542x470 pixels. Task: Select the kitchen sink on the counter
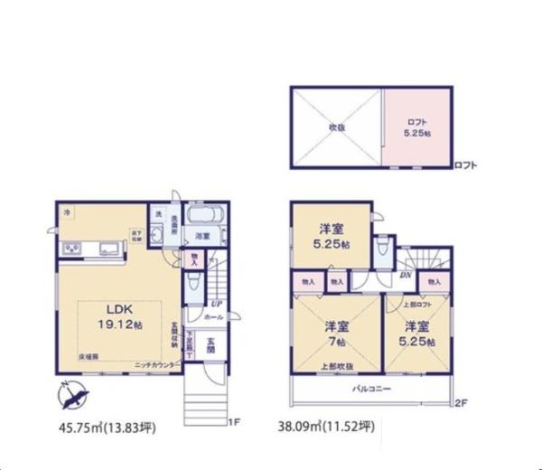(107, 249)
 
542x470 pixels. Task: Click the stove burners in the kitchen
(70, 249)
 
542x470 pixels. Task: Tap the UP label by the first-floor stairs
(217, 304)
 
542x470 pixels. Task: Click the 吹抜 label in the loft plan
(336, 127)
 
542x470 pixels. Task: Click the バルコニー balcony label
(370, 386)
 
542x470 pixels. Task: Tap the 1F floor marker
(233, 422)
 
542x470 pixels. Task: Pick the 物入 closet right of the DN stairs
(434, 283)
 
